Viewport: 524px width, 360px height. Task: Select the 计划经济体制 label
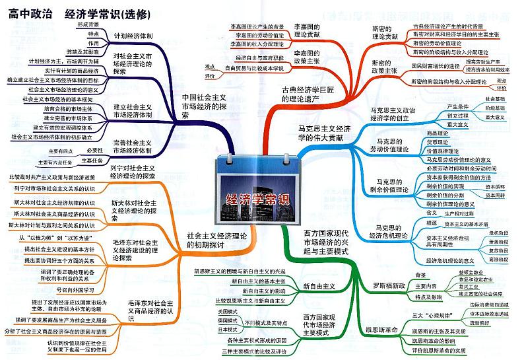(x=133, y=35)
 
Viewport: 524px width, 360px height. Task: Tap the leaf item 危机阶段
(x=498, y=233)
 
